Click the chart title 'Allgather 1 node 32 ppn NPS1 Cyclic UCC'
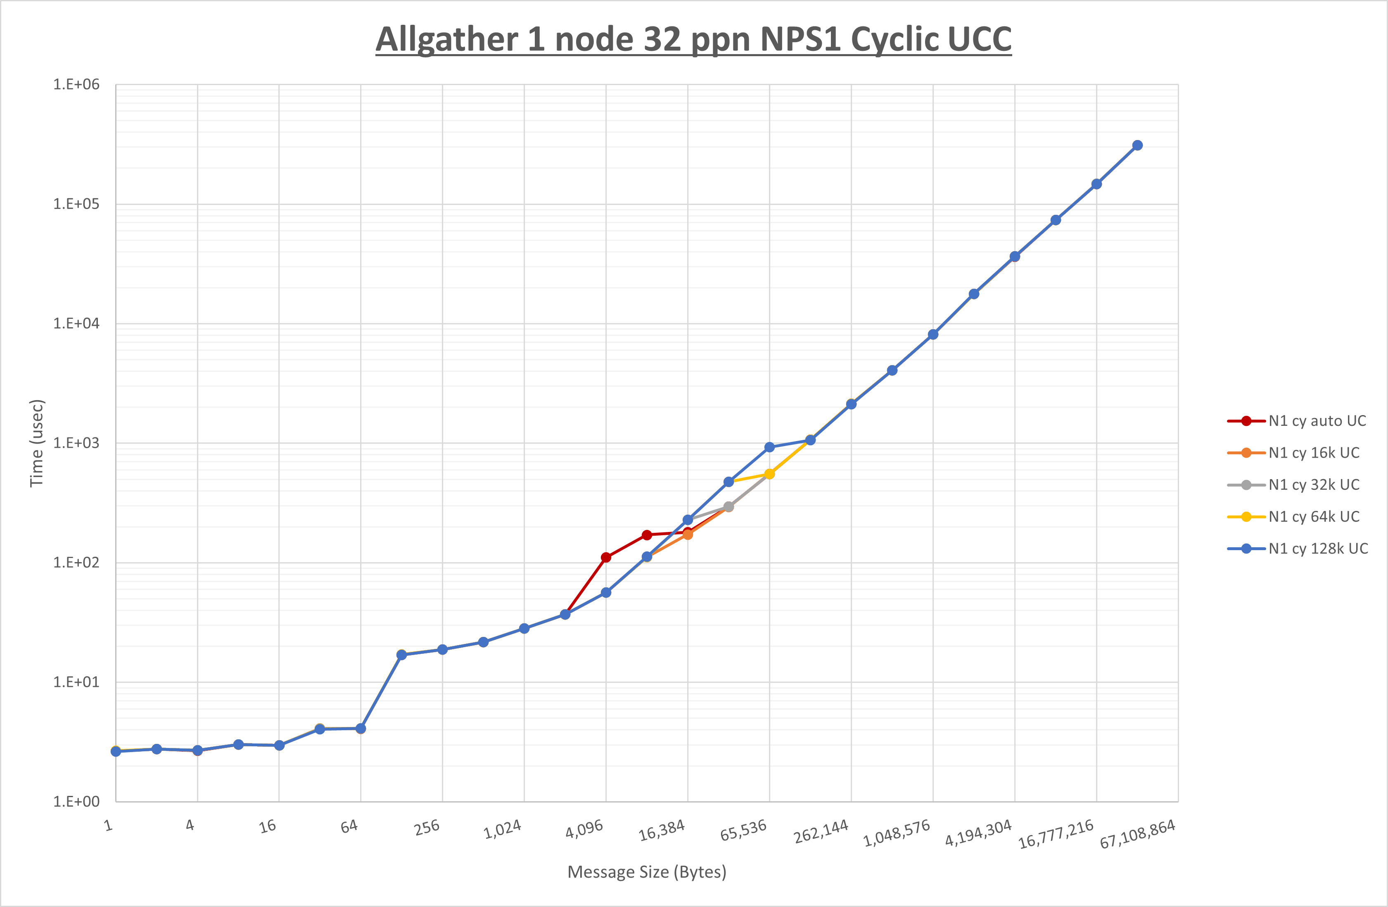tap(693, 40)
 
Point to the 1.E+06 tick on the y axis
tap(76, 85)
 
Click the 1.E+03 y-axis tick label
tap(76, 443)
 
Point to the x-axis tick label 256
tap(427, 828)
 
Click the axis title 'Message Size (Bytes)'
tap(647, 872)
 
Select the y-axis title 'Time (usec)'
tap(37, 443)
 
